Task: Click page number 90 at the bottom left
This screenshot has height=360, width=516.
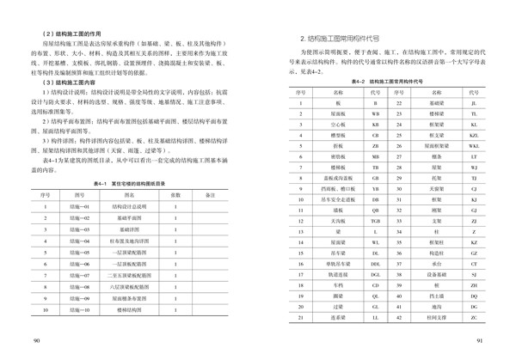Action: click(x=35, y=341)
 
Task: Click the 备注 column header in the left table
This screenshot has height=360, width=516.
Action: click(x=210, y=195)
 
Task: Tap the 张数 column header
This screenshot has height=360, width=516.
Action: click(x=175, y=195)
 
